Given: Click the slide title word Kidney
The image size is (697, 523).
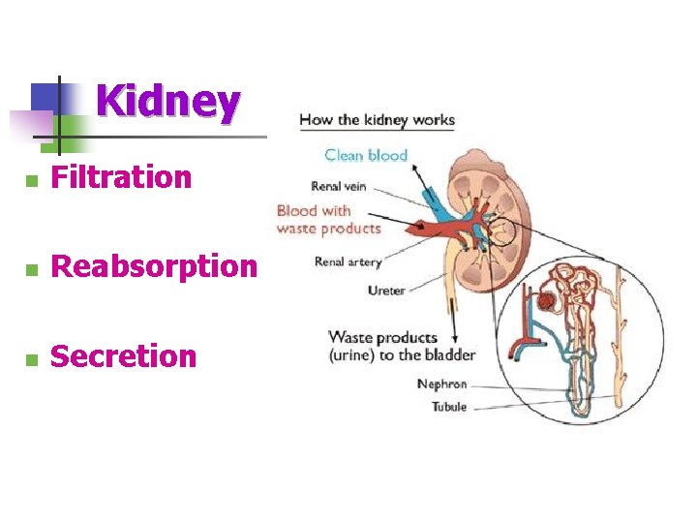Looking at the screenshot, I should [167, 101].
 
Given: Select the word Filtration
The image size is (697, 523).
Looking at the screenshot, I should [121, 177].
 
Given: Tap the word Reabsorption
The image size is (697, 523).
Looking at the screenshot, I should [154, 266].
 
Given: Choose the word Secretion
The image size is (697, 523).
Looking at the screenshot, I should [123, 356].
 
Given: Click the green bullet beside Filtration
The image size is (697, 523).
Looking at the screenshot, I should [31, 180].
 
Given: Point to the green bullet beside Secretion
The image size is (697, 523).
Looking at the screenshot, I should [31, 359].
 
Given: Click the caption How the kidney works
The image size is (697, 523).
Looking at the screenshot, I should [377, 120].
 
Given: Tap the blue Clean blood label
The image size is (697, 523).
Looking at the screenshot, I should [366, 155].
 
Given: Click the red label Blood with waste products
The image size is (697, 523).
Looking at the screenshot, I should [327, 219].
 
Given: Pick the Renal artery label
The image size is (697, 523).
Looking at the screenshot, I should [348, 261].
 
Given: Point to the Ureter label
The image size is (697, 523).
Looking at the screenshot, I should [385, 290].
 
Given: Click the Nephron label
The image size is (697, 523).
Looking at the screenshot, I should [441, 385].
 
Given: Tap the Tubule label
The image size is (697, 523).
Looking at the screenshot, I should [448, 407].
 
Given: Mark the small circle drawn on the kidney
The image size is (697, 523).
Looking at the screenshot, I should [501, 232].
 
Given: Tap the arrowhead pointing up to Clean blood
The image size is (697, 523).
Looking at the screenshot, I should [413, 168].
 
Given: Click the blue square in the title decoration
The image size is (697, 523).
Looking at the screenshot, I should [46, 97].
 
